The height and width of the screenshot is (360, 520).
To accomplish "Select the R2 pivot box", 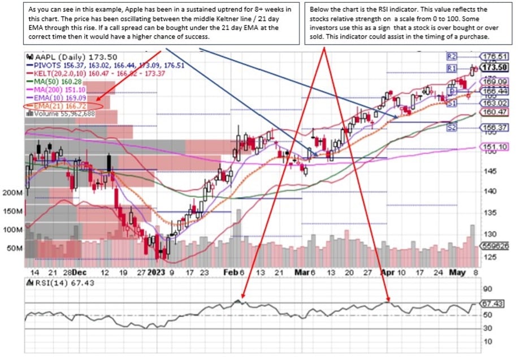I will coord(452,57).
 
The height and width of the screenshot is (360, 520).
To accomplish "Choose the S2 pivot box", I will coord(452,128).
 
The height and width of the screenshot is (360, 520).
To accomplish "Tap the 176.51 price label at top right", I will coord(495,57).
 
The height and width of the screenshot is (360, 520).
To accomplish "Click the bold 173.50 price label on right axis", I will coord(495,68).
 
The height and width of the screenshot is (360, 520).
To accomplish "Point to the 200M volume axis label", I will coord(12,193).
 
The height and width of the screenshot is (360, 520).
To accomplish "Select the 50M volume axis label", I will coord(15,249).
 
